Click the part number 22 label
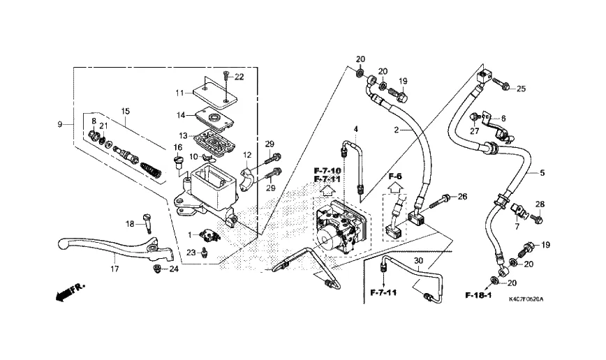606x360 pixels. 239,77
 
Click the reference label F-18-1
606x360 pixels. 478,295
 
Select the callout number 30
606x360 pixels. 418,261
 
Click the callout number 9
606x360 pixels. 61,124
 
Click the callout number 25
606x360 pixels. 521,89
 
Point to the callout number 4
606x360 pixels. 355,130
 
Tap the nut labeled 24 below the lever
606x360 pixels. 158,269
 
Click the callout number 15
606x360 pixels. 126,111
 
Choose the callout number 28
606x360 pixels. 540,204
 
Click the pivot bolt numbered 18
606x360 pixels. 147,222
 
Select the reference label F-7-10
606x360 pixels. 327,171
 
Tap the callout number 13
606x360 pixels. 182,135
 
